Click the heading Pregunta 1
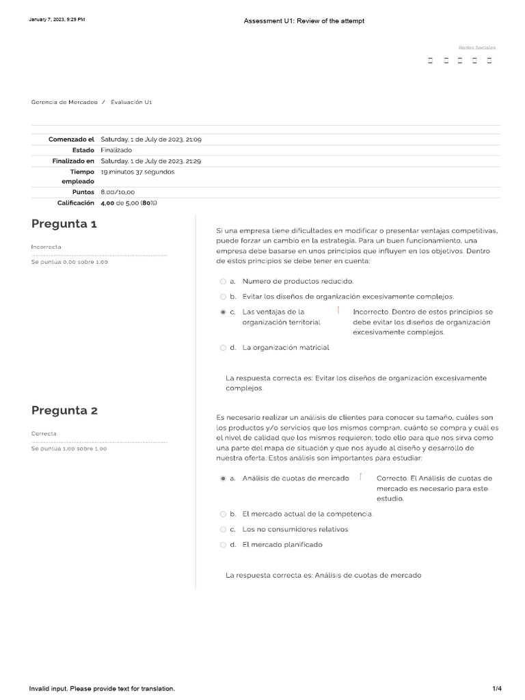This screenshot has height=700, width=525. (x=64, y=224)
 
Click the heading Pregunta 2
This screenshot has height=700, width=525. (x=64, y=411)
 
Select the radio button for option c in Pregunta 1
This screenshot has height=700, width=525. (x=223, y=312)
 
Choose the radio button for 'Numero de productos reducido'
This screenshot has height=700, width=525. (x=223, y=281)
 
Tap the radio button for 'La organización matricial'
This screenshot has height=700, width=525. (x=223, y=348)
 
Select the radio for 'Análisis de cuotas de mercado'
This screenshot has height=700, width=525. (x=223, y=479)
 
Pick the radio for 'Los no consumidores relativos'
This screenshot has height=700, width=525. (x=223, y=529)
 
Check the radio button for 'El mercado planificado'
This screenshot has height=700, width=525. (x=223, y=545)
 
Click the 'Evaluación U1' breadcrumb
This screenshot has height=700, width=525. (x=131, y=102)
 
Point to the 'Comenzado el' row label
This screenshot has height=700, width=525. (x=71, y=139)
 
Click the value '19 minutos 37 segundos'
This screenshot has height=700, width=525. (x=137, y=172)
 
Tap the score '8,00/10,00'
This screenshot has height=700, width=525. (x=118, y=193)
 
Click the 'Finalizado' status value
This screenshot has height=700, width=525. (x=116, y=150)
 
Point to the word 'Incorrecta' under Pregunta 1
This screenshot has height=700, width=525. (x=46, y=246)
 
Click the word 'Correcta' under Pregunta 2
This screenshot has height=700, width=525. (x=44, y=433)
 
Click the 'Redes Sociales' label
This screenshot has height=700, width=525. (x=476, y=48)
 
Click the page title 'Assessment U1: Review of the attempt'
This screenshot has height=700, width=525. (x=304, y=21)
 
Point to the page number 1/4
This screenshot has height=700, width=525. (x=497, y=688)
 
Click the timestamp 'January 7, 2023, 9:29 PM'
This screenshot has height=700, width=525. (x=57, y=20)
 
